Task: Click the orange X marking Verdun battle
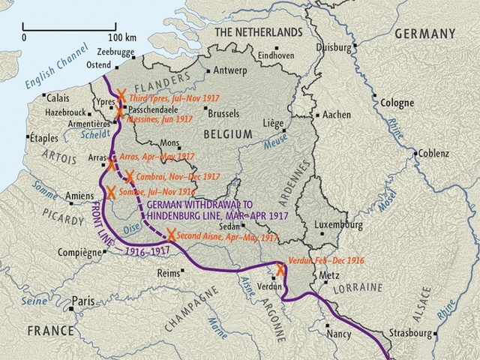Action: (x=280, y=270)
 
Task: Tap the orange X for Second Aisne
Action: (x=171, y=235)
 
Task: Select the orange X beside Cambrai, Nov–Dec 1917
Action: (x=129, y=177)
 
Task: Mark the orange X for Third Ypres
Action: (x=121, y=97)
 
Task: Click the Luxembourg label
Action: (x=340, y=225)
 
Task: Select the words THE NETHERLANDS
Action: (x=259, y=32)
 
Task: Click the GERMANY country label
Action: (x=424, y=33)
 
